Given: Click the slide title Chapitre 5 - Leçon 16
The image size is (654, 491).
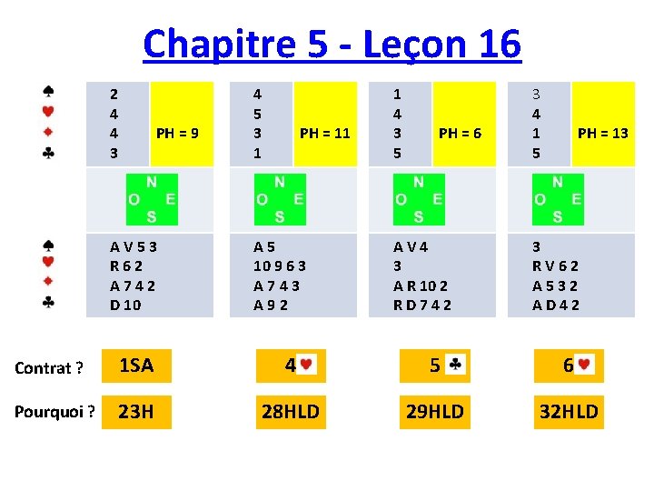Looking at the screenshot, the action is click(x=332, y=44).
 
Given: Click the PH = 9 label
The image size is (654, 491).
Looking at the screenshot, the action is click(x=178, y=133).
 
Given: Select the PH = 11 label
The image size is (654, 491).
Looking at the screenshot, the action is click(x=324, y=133).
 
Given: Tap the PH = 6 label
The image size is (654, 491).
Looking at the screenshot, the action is click(x=460, y=133).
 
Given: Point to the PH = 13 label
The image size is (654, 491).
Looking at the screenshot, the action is click(x=602, y=133).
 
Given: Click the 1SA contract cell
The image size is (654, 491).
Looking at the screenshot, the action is click(x=136, y=366).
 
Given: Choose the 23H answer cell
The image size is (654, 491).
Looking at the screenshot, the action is click(x=136, y=412).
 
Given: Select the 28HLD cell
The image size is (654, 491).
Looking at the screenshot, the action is click(x=290, y=412).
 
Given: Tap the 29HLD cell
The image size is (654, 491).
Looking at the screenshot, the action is click(x=434, y=412).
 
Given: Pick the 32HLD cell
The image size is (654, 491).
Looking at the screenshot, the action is click(x=569, y=412).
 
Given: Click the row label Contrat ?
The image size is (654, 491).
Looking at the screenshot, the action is click(x=49, y=367).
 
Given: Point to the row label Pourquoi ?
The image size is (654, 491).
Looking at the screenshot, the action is click(x=54, y=412).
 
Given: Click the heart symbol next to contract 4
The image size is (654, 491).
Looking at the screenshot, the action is click(x=306, y=366).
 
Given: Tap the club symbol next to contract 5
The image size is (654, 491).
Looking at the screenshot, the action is click(x=456, y=366).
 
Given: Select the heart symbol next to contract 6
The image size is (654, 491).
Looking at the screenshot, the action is click(x=585, y=366).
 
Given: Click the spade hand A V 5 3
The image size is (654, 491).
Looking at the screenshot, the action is click(x=134, y=245).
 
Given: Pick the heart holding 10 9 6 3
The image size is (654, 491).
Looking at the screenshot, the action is click(x=279, y=266).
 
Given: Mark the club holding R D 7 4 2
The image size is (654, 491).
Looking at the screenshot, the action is click(x=421, y=305).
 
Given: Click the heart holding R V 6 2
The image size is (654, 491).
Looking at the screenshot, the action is click(x=555, y=266).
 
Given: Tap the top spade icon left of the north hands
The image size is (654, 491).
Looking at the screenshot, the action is click(x=48, y=92).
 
